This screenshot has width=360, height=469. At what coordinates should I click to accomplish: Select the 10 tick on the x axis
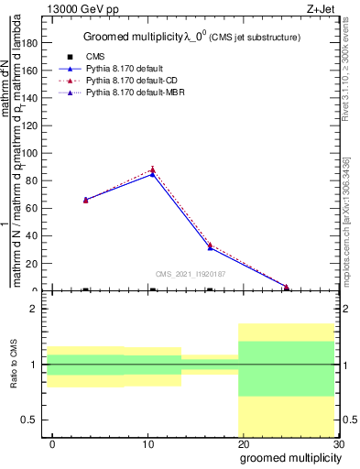click(x=148, y=444)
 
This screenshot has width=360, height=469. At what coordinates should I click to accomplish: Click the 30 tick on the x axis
click(x=339, y=444)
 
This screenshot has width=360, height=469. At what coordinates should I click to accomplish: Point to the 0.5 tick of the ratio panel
click(x=29, y=420)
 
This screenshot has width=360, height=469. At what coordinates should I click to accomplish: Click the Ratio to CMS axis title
click(x=15, y=364)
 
